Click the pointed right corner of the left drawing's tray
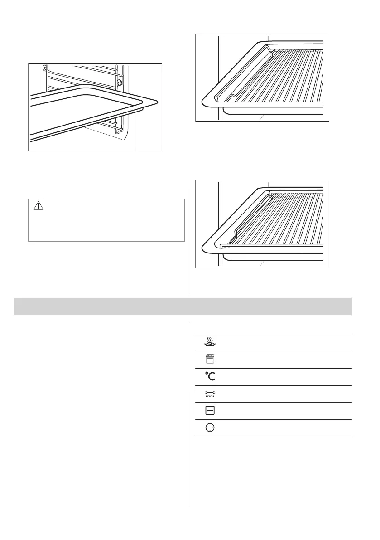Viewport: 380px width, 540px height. tap(159, 102)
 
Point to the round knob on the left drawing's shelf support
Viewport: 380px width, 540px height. tap(119, 83)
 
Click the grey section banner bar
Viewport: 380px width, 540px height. tap(183, 306)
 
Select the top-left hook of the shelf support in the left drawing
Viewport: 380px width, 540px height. tap(44, 68)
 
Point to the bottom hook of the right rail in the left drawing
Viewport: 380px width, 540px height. tap(119, 132)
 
